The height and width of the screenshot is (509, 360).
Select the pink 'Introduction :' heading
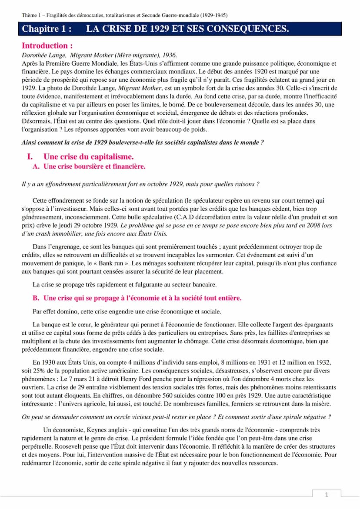pos(47,46)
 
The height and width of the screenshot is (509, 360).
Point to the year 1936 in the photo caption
pos(170,55)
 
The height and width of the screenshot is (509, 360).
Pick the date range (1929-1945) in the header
pos(215,16)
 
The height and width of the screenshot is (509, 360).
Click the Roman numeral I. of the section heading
pos(30,156)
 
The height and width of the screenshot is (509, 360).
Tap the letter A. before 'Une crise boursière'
pos(37,166)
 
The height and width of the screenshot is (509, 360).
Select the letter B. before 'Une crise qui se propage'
pos(37,298)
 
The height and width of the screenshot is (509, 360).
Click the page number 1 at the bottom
pos(327,494)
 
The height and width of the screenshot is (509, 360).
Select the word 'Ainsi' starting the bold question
pos(30,142)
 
